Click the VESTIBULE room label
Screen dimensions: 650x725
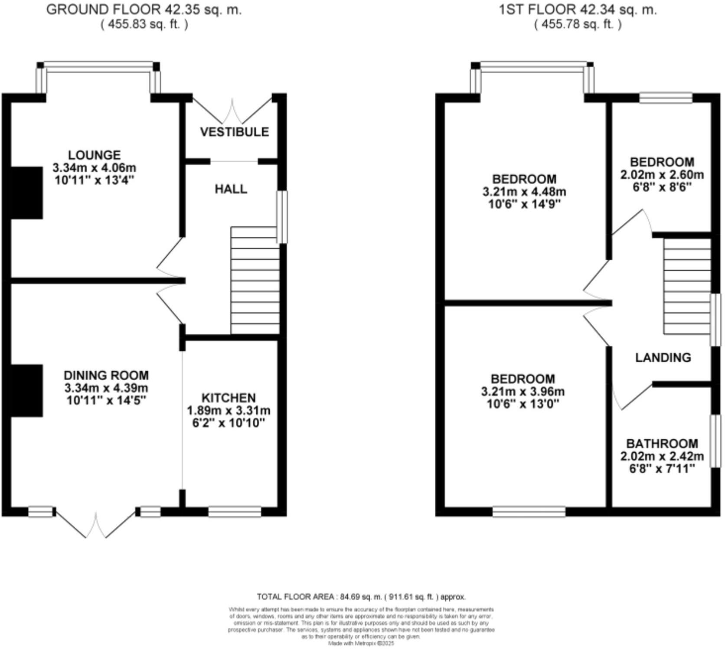point(234,132)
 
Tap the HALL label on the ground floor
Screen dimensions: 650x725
point(231,189)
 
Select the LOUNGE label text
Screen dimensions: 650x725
point(94,155)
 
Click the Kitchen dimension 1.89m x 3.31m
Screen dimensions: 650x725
point(229,410)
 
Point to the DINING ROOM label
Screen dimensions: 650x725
point(106,375)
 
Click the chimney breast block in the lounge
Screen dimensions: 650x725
point(27,193)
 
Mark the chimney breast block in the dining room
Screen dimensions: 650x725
point(27,390)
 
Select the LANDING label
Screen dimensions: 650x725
point(663,358)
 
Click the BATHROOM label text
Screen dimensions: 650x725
point(662,444)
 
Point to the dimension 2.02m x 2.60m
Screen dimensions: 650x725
point(662,175)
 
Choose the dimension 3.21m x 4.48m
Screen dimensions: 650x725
point(524,192)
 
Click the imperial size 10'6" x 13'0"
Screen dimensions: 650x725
point(523,404)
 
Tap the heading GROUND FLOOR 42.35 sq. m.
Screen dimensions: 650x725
point(144,10)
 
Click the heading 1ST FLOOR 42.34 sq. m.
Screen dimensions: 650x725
point(578,10)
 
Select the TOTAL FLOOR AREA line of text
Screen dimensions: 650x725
point(361,597)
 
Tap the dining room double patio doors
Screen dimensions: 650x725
point(96,525)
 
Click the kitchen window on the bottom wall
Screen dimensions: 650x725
point(235,512)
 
